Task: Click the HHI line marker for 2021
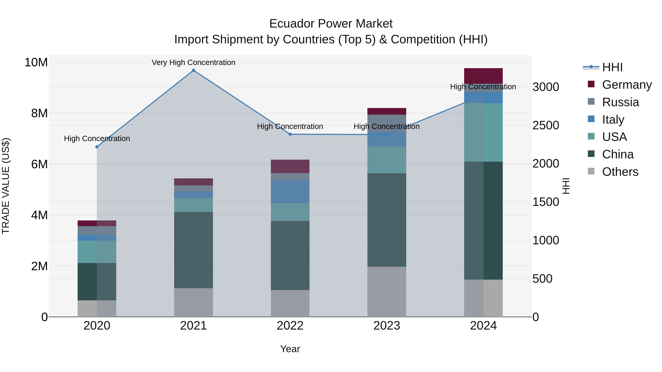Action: coord(193,70)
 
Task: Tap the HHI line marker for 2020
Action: coord(97,147)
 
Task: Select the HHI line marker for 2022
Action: coord(290,134)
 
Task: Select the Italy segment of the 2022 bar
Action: coord(290,192)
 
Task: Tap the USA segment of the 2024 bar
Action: coord(483,132)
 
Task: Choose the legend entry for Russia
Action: coord(620,102)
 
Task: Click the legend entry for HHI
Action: coord(612,67)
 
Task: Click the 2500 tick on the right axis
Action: coord(546,125)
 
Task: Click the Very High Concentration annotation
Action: coord(193,62)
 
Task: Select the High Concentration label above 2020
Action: coord(97,139)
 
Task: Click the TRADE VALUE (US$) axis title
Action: coord(6,186)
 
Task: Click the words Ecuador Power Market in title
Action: coord(331,24)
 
